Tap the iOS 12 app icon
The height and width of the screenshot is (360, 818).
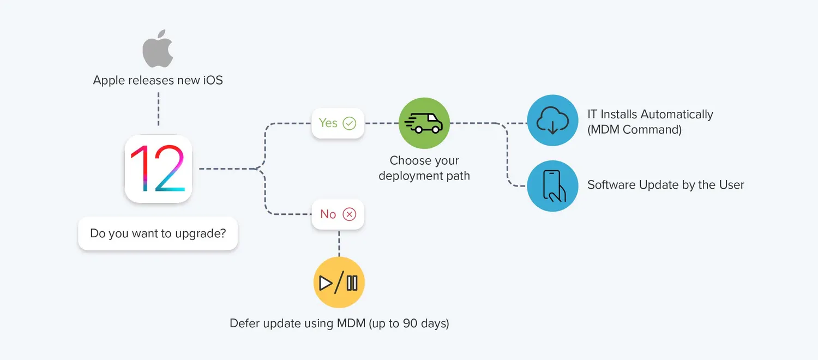coord(158,169)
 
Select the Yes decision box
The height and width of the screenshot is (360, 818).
coord(338,123)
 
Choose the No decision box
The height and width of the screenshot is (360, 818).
coord(338,214)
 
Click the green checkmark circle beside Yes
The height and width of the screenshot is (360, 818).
coord(349,123)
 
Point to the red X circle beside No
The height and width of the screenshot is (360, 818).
coord(349,214)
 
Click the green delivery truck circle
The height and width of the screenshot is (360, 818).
coord(424,123)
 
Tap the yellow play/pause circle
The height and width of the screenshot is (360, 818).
coord(339,283)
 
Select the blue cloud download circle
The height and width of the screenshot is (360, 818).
coord(552,121)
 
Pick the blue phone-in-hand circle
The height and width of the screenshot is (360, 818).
coord(552,186)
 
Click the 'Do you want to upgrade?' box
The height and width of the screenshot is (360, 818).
coord(158,233)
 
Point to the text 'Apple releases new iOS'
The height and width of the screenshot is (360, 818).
coord(158,80)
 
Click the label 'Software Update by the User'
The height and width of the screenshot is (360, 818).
coord(665,185)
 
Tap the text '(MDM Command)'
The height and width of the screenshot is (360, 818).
coord(634,130)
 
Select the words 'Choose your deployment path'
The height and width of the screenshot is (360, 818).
coord(424,168)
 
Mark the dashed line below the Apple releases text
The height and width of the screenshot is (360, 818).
coord(158,109)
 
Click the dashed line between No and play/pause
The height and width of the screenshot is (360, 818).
coord(339,243)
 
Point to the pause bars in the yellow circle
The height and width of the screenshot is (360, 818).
coord(352,283)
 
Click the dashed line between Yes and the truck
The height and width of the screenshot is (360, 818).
coord(381,123)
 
